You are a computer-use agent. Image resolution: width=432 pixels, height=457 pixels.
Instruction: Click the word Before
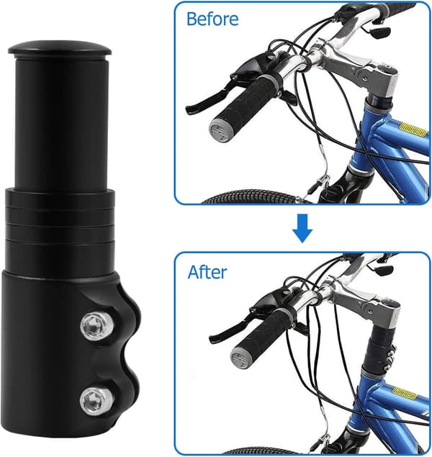212,19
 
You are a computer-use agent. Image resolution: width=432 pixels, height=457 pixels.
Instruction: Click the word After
207,272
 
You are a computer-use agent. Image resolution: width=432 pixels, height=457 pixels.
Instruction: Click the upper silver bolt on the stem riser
94,325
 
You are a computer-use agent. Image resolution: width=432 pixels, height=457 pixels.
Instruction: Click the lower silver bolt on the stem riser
92,402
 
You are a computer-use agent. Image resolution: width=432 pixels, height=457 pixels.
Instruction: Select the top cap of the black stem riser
60,49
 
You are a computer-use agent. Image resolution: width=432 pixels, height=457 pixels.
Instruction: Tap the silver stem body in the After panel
370,306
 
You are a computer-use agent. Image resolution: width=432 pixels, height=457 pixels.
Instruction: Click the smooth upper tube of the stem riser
61,122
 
